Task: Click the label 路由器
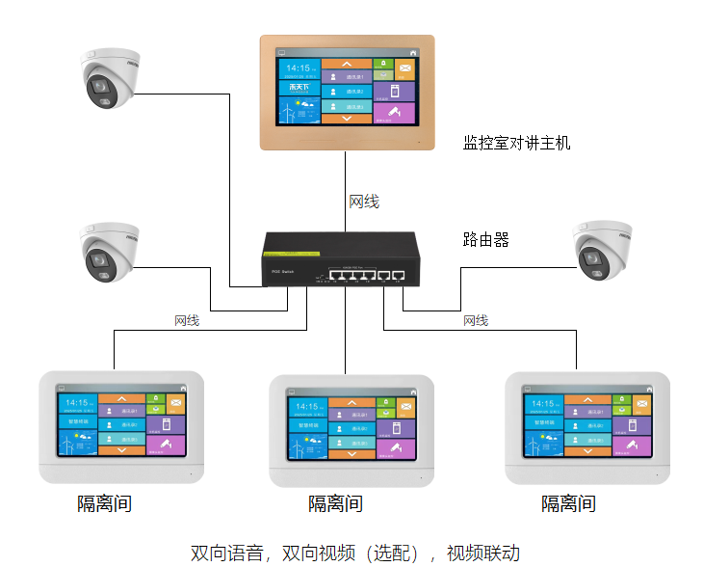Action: [486, 240]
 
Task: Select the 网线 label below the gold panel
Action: [364, 202]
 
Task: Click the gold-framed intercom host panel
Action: [347, 93]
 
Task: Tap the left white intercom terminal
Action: [121, 425]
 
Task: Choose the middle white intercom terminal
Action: [348, 430]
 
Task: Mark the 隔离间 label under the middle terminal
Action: [335, 503]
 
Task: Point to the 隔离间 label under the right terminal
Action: [568, 503]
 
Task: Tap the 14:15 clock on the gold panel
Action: [298, 68]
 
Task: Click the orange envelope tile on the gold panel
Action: [405, 68]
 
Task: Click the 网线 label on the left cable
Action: [187, 320]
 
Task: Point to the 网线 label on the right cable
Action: [476, 320]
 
